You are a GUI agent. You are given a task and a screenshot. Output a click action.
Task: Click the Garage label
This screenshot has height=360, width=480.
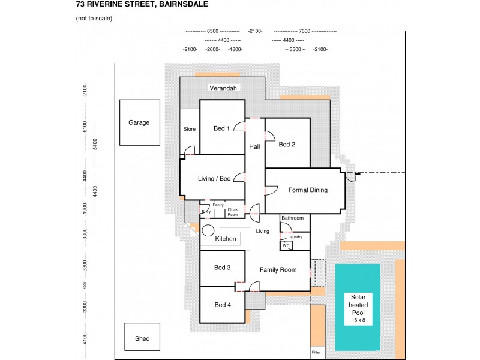pyautogui.click(x=139, y=122)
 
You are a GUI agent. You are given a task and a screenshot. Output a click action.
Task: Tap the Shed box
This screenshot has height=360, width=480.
pyautogui.click(x=142, y=338)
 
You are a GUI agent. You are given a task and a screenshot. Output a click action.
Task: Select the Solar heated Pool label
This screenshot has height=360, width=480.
pyautogui.click(x=358, y=308)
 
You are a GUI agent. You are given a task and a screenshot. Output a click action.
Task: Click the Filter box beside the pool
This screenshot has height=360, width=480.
pyautogui.click(x=317, y=353)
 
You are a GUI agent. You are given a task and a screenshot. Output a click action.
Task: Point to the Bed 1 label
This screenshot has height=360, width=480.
pyautogui.click(x=222, y=128)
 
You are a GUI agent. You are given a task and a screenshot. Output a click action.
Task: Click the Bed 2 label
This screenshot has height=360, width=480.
pyautogui.click(x=287, y=145)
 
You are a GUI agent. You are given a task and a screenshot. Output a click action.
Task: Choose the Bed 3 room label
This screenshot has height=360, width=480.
pyautogui.click(x=222, y=268)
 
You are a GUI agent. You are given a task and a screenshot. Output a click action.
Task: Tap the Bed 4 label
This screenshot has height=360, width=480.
pyautogui.click(x=222, y=305)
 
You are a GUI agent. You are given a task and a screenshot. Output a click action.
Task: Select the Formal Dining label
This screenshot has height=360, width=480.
pyautogui.click(x=308, y=190)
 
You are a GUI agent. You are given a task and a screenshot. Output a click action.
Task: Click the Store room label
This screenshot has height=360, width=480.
pyautogui.click(x=190, y=129)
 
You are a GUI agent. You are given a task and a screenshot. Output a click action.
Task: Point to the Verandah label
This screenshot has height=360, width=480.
pyautogui.click(x=224, y=88)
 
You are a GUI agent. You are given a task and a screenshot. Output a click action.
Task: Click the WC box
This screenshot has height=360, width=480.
pyautogui.click(x=286, y=245)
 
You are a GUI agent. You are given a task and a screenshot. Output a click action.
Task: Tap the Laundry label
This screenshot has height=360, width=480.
pyautogui.click(x=295, y=237)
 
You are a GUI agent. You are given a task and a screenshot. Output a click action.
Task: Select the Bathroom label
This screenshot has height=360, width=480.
pyautogui.click(x=293, y=218)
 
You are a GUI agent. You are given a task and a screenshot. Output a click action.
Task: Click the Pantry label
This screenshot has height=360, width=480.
pyautogui.click(x=218, y=205)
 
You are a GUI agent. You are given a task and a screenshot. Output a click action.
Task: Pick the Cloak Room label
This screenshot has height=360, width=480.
pyautogui.click(x=233, y=212)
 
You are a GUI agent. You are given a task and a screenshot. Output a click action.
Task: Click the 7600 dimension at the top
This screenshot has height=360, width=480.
pyautogui.click(x=304, y=31)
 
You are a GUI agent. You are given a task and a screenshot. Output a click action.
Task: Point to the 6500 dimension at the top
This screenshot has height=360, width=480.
pyautogui.click(x=212, y=31)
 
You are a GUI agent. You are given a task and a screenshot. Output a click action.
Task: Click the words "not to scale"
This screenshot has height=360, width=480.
pyautogui.click(x=94, y=18)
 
